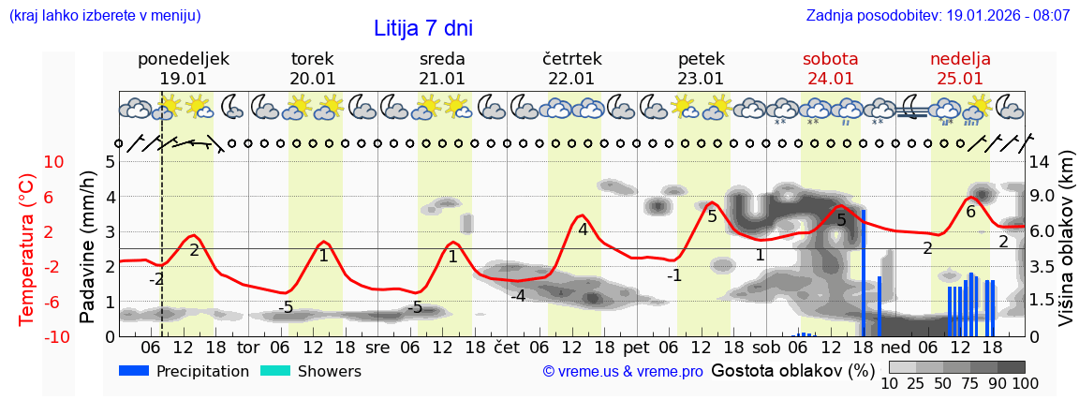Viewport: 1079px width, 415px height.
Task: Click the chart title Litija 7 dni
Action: click(423, 28)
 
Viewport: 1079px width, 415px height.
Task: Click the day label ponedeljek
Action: click(184, 59)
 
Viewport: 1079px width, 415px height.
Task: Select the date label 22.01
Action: click(571, 79)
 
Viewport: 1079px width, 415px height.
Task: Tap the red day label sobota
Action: click(830, 59)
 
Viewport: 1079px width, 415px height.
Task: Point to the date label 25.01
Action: click(960, 79)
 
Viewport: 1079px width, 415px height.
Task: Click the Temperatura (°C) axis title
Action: click(28, 247)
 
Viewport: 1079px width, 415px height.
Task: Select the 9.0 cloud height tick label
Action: click(1042, 197)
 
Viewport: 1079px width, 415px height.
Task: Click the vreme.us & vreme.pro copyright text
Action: click(623, 372)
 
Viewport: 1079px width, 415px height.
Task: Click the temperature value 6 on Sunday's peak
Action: click(970, 213)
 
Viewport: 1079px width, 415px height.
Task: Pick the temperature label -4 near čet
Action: click(517, 296)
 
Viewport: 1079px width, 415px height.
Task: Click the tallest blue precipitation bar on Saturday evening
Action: click(863, 272)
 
